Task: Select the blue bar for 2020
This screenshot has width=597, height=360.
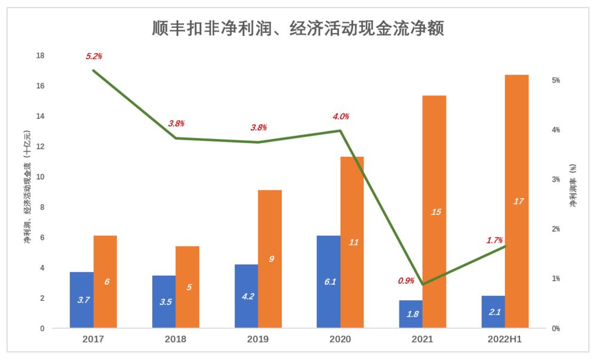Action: coord(328,282)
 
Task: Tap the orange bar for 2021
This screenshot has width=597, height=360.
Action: coord(434,212)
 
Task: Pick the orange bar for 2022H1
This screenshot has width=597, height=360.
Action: coord(517,201)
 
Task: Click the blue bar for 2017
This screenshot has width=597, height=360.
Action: coord(82,300)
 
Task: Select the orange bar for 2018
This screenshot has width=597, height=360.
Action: coord(187,287)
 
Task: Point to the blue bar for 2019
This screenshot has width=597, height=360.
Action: coord(246,296)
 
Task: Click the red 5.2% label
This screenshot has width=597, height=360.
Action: coord(94,57)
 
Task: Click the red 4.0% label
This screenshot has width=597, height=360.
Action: coord(341,116)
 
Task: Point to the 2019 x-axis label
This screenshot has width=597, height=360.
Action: coord(258,339)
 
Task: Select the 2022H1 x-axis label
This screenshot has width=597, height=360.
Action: coord(505,339)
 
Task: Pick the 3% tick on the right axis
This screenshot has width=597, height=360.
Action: coord(555,179)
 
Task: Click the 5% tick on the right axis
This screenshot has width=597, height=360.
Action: coord(555,80)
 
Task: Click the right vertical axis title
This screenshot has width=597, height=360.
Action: coord(573,186)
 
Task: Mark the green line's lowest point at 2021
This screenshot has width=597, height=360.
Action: coord(423,284)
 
